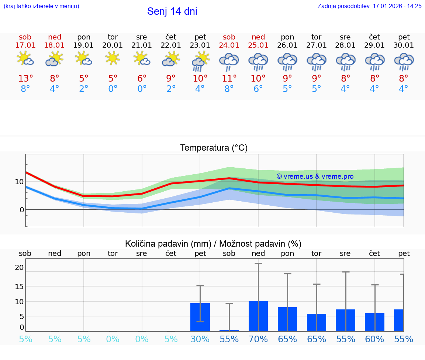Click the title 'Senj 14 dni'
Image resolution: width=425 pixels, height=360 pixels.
click(172, 11)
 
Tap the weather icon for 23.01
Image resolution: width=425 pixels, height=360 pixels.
click(200, 61)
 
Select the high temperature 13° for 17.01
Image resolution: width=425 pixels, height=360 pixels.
click(25, 79)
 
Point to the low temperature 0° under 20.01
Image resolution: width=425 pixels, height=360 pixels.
click(113, 89)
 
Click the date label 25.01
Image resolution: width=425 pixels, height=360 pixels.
click(258, 45)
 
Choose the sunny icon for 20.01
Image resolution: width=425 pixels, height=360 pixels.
click(113, 58)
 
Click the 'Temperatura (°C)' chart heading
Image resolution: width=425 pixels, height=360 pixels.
click(214, 148)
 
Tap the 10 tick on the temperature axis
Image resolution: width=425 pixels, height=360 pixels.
click(19, 182)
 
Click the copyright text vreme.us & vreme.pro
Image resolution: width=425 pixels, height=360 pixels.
click(315, 176)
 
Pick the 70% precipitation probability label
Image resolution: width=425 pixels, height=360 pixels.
click(258, 339)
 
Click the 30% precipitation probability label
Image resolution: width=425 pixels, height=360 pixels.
click(200, 339)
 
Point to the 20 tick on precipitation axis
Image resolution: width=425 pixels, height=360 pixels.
click(19, 267)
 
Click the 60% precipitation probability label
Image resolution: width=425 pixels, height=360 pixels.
click(374, 339)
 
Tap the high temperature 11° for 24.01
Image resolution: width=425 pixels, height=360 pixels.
click(229, 79)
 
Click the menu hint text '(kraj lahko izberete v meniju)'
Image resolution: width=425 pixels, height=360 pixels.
click(41, 6)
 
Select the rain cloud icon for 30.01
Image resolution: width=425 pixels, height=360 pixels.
click(404, 62)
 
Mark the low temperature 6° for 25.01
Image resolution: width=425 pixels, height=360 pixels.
click(258, 89)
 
